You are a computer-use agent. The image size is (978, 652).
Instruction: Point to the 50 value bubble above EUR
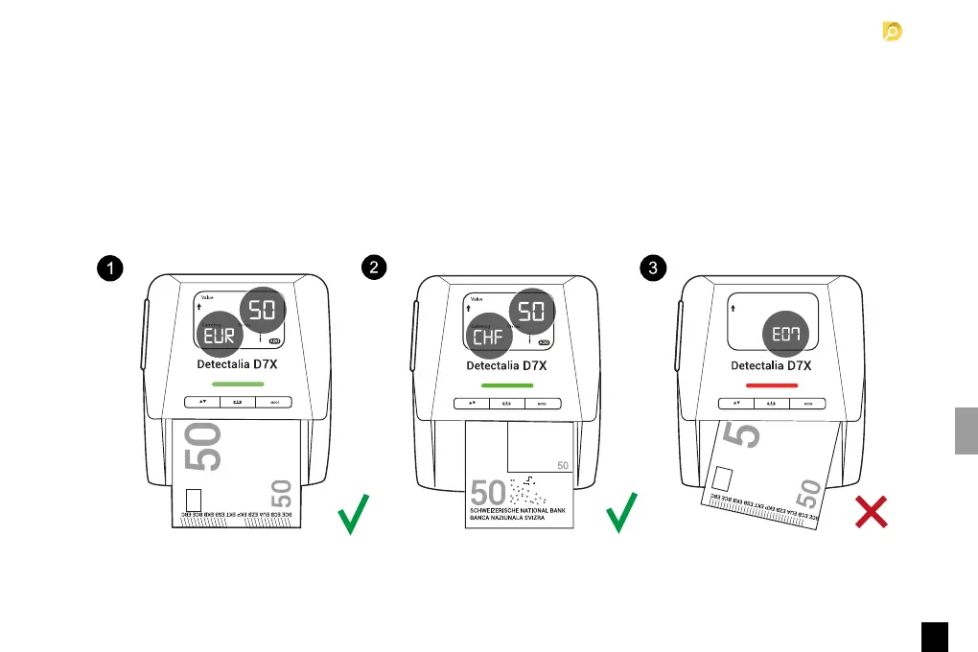tap(261, 308)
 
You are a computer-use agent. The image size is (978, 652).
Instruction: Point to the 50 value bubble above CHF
tap(531, 308)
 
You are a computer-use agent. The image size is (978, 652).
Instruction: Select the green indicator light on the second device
tap(506, 384)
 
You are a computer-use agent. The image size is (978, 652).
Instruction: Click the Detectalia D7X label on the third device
tap(772, 365)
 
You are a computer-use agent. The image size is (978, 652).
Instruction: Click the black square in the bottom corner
tap(936, 636)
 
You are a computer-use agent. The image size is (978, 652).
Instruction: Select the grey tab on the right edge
tap(966, 431)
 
